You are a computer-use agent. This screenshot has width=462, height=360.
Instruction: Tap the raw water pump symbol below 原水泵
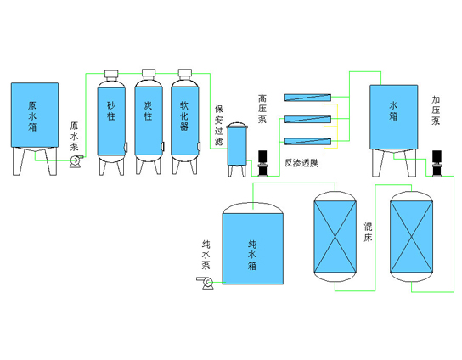tap(76, 161)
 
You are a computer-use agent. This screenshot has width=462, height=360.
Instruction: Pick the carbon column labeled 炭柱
tap(149, 121)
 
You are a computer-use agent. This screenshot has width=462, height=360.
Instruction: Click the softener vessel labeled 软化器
tap(185, 121)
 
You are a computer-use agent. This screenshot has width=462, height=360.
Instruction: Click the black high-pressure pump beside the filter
tap(262, 164)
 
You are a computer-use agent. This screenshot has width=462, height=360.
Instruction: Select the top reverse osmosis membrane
tap(307, 98)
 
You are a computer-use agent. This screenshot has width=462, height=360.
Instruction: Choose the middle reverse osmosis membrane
tap(307, 120)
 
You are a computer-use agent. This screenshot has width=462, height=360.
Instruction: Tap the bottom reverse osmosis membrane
tap(307, 142)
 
